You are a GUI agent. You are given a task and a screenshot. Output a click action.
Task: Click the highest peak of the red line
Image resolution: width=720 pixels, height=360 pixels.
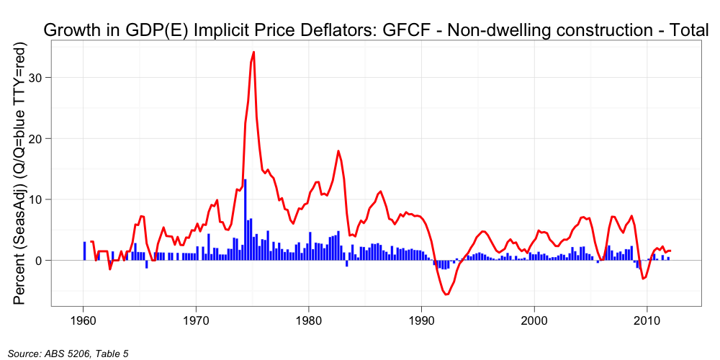[253, 53]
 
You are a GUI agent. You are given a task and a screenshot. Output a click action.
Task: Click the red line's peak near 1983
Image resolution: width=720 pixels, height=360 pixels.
[338, 150]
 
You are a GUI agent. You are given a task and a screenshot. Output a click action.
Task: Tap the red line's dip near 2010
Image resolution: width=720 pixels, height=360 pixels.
[644, 278]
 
